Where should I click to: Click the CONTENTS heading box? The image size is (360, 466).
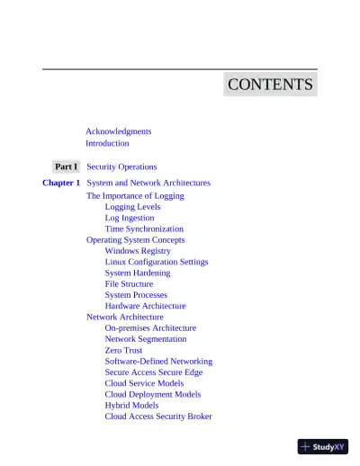click(270, 85)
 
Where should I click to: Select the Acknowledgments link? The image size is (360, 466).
click(118, 131)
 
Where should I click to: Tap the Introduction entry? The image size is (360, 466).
click(107, 143)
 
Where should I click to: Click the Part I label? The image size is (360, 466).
click(66, 166)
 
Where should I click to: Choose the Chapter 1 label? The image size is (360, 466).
click(61, 183)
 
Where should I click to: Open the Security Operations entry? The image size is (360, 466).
click(121, 166)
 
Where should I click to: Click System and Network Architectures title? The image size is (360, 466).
click(148, 183)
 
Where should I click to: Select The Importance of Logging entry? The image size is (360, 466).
click(135, 195)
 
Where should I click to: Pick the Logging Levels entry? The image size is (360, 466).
click(132, 207)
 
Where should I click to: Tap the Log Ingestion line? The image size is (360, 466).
click(129, 218)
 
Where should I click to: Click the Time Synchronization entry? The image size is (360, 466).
click(144, 229)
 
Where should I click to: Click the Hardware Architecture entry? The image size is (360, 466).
click(145, 306)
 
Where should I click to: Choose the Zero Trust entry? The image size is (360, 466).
click(123, 350)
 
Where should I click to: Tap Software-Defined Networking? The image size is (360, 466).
click(158, 362)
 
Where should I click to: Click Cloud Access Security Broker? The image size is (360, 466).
click(158, 417)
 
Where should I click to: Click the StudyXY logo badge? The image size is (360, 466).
click(322, 445)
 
